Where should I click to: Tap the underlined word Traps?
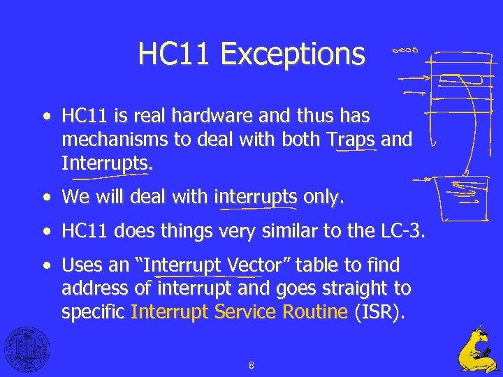(355, 140)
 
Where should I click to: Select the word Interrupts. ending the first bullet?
(106, 163)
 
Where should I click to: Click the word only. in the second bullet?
(323, 198)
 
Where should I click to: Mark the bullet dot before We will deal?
(46, 198)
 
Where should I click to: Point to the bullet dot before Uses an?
(46, 265)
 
